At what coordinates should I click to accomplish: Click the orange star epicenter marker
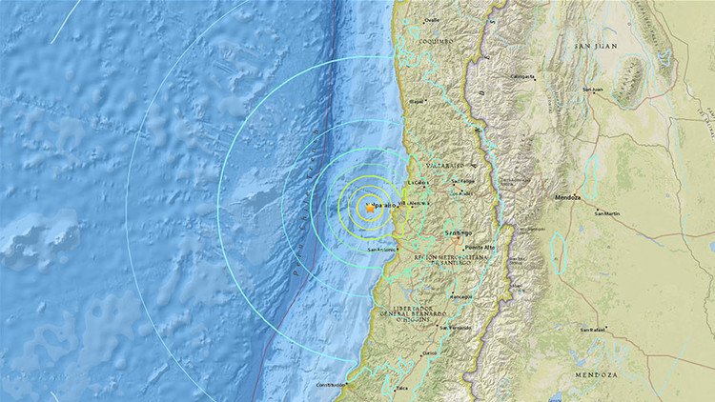tap(367, 207)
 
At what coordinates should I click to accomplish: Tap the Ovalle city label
tap(432, 20)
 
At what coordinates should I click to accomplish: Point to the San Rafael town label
tap(595, 329)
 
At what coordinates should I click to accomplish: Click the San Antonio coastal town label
tap(382, 250)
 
